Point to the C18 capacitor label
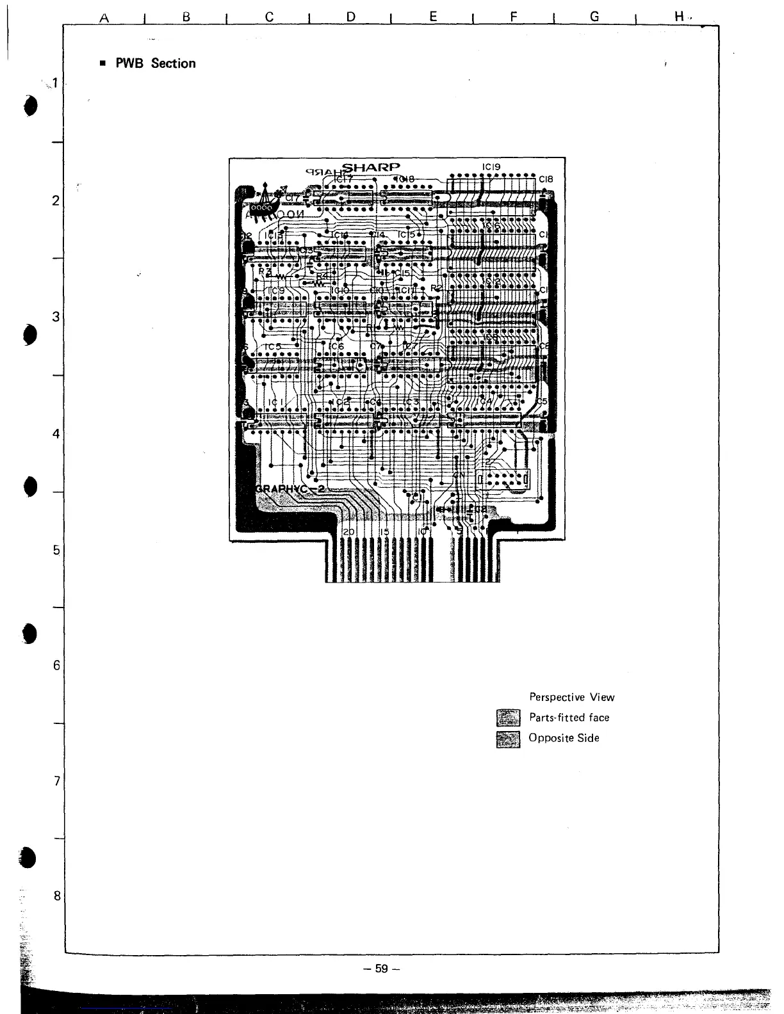pos(545,179)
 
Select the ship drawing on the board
pos(266,199)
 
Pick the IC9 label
pos(277,291)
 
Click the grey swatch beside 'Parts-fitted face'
pos(509,718)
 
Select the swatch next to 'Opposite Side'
pos(509,739)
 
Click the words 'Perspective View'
pos(571,697)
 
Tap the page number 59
pos(382,969)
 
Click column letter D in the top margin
pos(350,17)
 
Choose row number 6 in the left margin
pos(56,666)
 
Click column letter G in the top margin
pos(594,17)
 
